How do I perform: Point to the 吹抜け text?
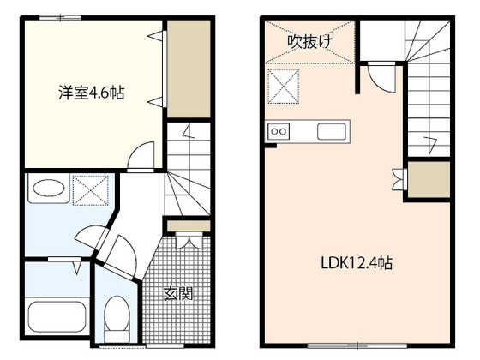[309, 40]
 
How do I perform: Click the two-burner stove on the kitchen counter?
[280, 131]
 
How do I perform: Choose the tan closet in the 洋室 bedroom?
[188, 69]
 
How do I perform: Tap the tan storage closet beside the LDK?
[429, 179]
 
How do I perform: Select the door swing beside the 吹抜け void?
[378, 79]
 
